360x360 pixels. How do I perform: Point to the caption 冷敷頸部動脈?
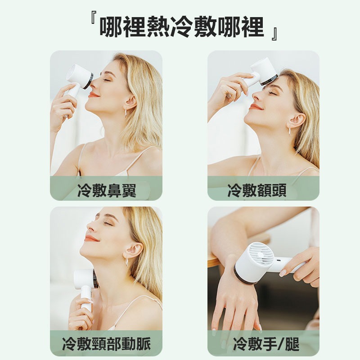pos(106,345)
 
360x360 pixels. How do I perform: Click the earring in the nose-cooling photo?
pos(126,112)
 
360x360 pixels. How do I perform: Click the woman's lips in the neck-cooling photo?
pos(90,238)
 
